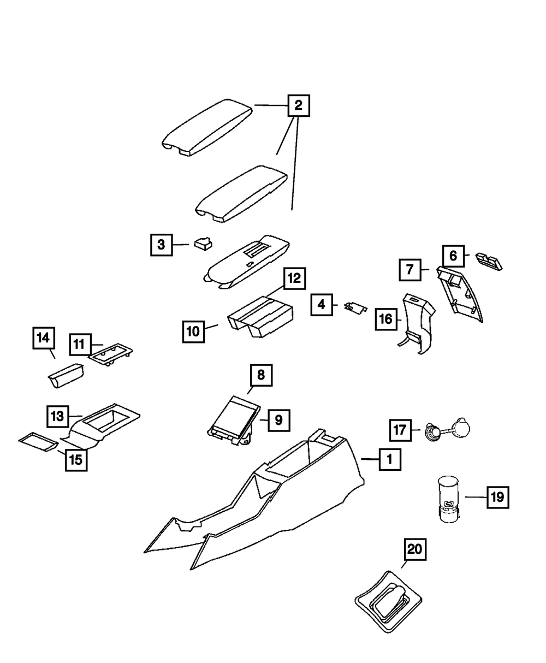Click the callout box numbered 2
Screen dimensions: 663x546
click(298, 105)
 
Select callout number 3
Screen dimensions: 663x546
click(161, 245)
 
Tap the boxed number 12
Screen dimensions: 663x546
click(294, 279)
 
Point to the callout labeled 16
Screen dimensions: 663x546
click(386, 319)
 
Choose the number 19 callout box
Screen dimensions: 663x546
click(497, 497)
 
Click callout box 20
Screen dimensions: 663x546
click(415, 550)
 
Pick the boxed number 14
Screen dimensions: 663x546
click(43, 339)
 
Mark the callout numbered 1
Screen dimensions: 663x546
click(389, 460)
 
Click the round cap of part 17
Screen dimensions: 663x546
click(461, 427)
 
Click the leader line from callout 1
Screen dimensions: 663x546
click(370, 460)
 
